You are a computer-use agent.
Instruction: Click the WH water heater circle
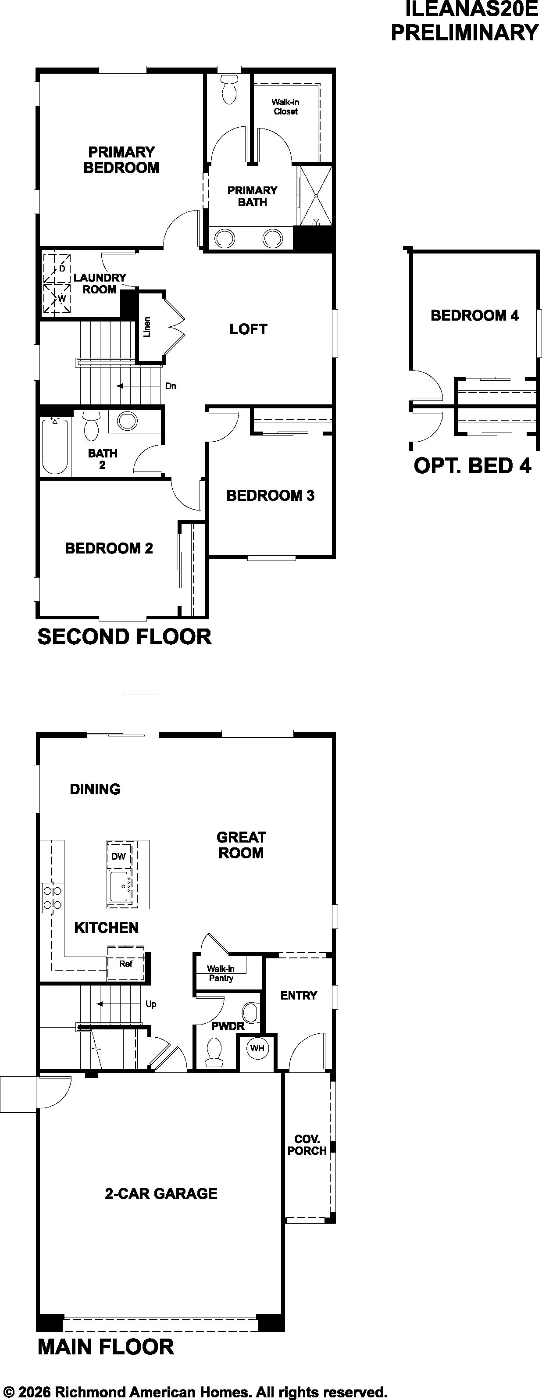pos(257,1048)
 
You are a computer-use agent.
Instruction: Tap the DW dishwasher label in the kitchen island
pos(118,857)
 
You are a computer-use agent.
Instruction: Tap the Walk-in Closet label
pos(285,107)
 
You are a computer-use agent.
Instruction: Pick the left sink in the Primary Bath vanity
pos(225,238)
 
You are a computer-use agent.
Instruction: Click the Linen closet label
pos(147,327)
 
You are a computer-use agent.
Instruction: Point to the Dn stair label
pos(171,386)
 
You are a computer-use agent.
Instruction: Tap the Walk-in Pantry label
pos(221,973)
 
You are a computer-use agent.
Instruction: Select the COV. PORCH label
pos(307,1145)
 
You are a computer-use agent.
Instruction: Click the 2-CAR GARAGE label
pos(161,1193)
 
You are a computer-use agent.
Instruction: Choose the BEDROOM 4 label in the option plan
pos(474,315)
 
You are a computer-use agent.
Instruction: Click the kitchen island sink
pos(120,886)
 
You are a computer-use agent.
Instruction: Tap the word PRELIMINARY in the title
pos(465,32)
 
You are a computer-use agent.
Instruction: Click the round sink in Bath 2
pos(127,421)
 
